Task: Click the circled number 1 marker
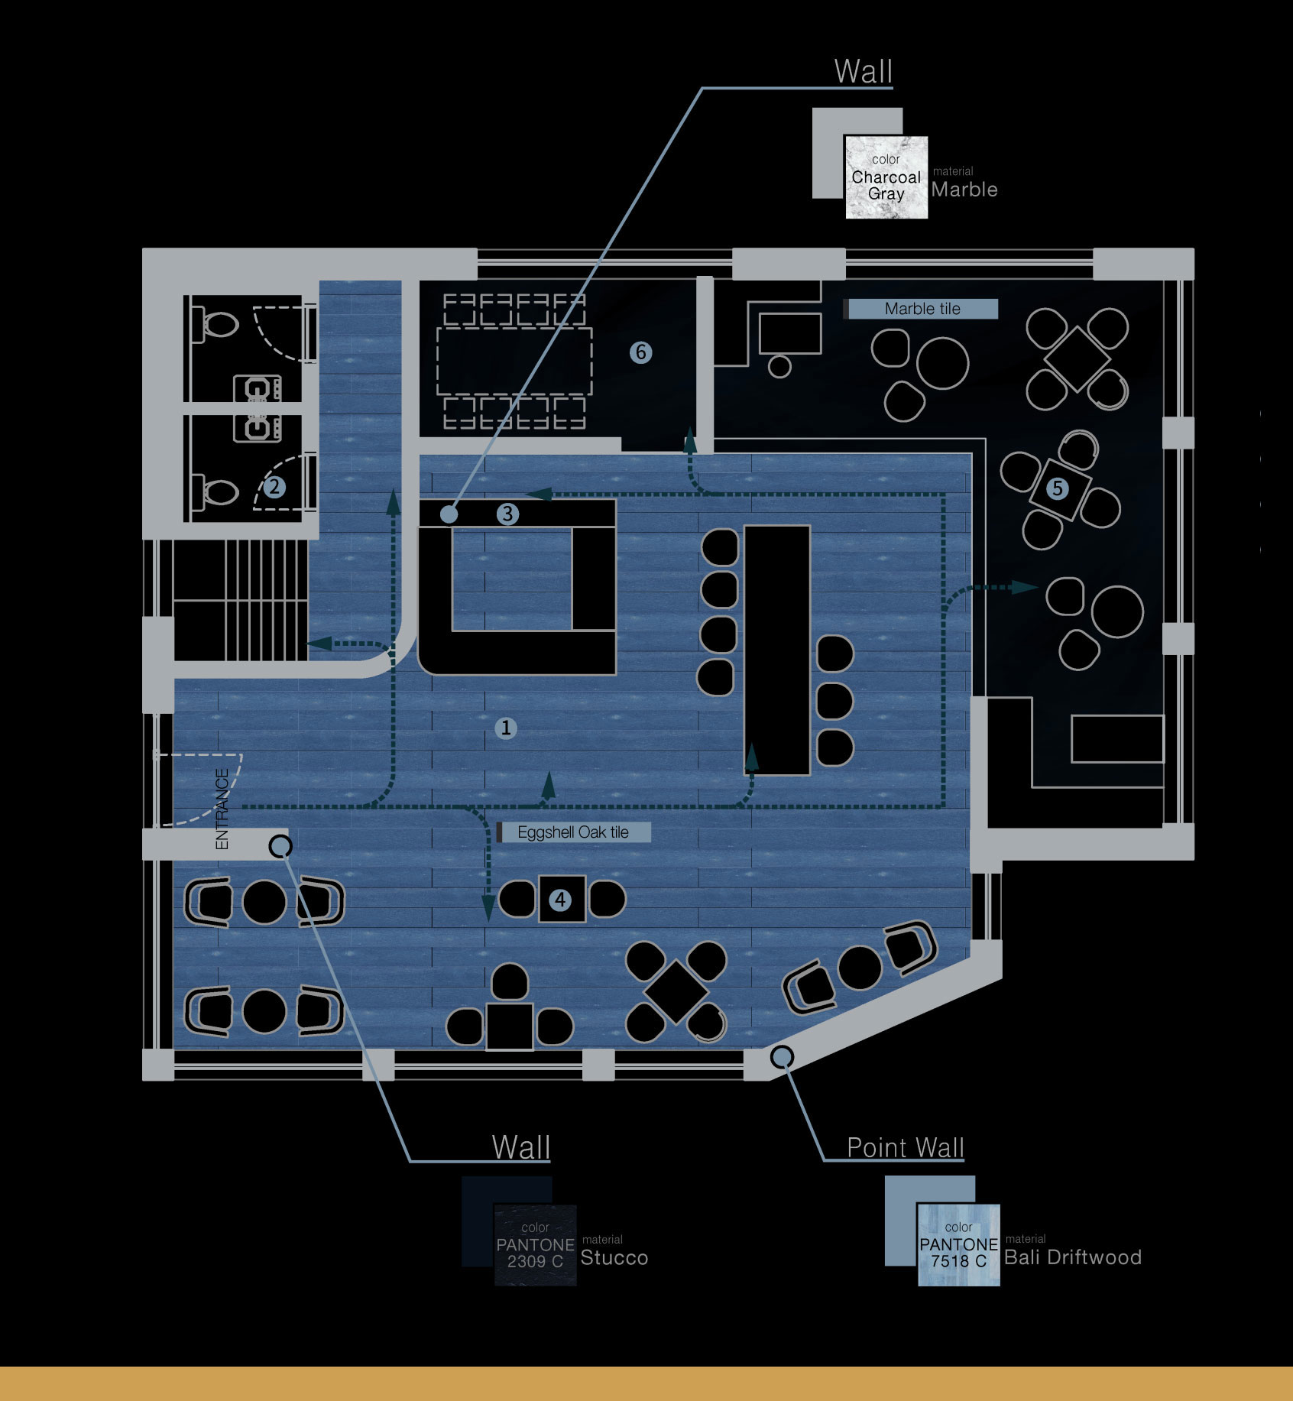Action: [x=505, y=728]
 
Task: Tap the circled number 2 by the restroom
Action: [x=274, y=486]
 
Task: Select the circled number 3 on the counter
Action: [x=507, y=514]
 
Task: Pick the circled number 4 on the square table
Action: [x=560, y=900]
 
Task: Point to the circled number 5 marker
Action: [x=1057, y=488]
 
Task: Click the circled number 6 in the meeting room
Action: [x=640, y=352]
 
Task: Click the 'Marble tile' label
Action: [x=922, y=309]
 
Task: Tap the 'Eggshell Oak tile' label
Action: [x=573, y=832]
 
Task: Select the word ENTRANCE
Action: [x=222, y=809]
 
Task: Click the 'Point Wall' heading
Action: [x=905, y=1147]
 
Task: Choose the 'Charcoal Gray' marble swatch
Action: [x=886, y=177]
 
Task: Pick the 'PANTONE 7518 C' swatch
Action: [x=958, y=1244]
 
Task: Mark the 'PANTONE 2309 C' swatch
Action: [x=535, y=1244]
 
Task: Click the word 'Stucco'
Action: [x=614, y=1257]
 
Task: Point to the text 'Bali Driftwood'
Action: [x=1073, y=1257]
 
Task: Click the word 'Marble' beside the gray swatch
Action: [x=964, y=190]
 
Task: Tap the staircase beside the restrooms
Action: [x=241, y=600]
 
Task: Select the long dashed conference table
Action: [x=514, y=362]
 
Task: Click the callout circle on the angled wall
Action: [x=781, y=1057]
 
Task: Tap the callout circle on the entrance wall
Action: [x=280, y=846]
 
